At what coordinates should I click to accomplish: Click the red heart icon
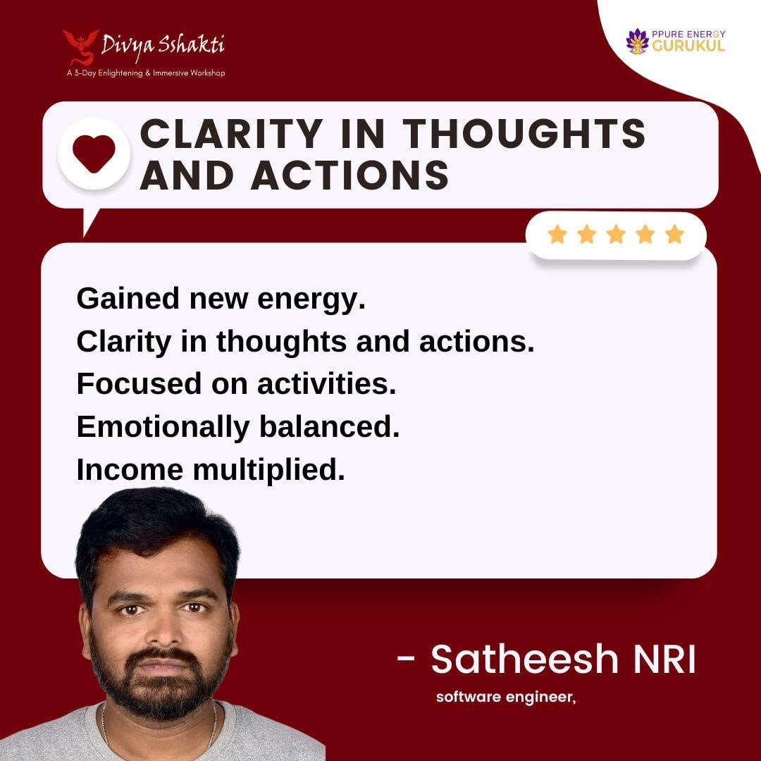coord(94,154)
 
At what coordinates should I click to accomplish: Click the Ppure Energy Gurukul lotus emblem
coord(638,41)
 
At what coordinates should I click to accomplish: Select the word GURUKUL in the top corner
coord(688,47)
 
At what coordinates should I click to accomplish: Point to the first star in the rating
coord(557,235)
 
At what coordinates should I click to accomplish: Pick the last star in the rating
coord(674,235)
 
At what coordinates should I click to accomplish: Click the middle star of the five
coord(616,235)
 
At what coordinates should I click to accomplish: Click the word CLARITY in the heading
coord(232,134)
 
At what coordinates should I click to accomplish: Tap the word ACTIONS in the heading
coord(350,175)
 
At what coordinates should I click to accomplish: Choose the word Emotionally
coord(163,428)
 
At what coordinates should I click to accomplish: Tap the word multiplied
coord(268,471)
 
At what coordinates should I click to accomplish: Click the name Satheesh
coord(524,659)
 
